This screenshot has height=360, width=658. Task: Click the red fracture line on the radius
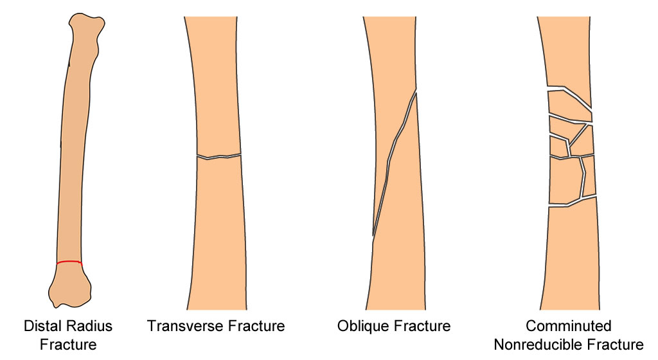69,262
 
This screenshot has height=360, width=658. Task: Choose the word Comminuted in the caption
569,326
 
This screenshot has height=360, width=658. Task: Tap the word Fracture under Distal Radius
68,345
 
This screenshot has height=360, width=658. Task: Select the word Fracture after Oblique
422,326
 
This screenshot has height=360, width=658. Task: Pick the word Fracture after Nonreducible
615,345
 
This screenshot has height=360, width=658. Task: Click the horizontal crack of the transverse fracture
219,156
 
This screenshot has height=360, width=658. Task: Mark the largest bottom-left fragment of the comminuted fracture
564,181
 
